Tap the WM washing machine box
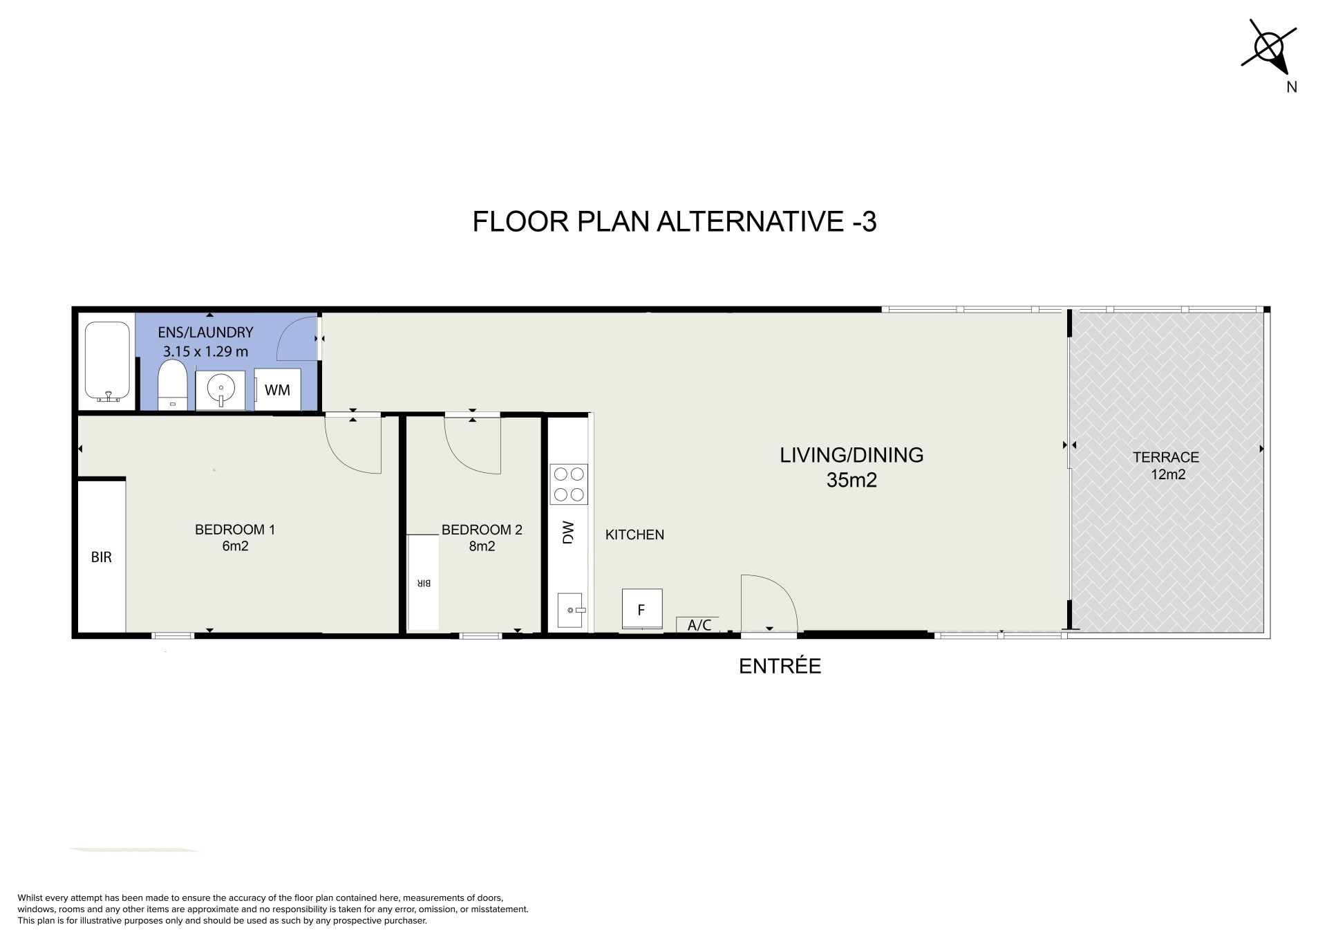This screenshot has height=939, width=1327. point(278,390)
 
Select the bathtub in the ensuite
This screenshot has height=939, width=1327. point(107,362)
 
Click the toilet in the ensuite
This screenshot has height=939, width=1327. point(171,385)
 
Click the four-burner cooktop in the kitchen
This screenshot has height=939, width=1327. point(569,484)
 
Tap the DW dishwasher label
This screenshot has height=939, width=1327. point(568,532)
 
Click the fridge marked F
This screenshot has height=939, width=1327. point(642,609)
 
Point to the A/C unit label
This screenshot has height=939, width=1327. point(699,625)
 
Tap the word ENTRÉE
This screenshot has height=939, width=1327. point(780,666)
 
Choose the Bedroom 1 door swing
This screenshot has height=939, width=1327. point(353,445)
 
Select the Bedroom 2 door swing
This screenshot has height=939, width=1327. point(472,445)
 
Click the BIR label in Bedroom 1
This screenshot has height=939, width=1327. point(102,557)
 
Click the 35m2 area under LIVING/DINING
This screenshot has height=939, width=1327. point(851,480)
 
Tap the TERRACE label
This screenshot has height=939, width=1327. point(1166,457)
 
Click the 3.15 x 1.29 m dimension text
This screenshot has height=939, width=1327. point(205,351)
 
